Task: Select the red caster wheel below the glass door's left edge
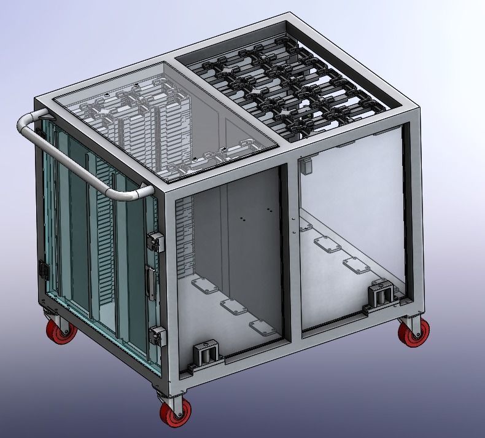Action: (x=62, y=330)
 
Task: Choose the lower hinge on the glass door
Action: (x=157, y=336)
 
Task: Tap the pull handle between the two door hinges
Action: (x=149, y=282)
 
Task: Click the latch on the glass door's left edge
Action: (x=44, y=268)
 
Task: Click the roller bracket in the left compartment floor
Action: (x=207, y=355)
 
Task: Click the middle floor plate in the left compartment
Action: (x=233, y=307)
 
